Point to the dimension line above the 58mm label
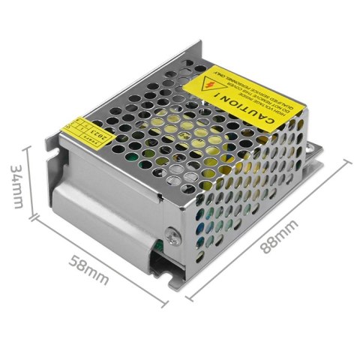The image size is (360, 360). [97, 254]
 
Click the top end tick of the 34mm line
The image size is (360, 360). [27, 146]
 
